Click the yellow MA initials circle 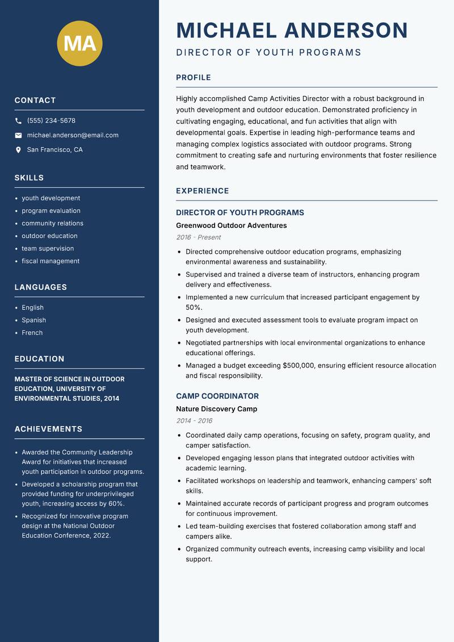click(x=79, y=43)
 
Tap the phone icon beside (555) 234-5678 click(x=18, y=121)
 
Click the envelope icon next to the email click(x=18, y=135)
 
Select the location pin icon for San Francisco click(x=18, y=150)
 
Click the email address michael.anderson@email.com click(x=73, y=135)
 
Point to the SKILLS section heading click(x=29, y=178)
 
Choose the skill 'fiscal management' click(x=51, y=261)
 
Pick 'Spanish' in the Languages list click(x=33, y=320)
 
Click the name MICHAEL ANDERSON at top click(x=292, y=30)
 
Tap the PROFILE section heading click(x=193, y=78)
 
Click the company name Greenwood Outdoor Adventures click(x=231, y=226)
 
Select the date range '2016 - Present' click(x=198, y=237)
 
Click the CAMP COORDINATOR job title click(x=217, y=396)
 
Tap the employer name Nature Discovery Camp click(x=216, y=409)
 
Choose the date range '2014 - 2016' click(x=194, y=421)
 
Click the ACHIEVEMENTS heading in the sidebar click(x=48, y=429)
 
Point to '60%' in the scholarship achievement click(x=116, y=504)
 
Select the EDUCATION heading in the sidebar click(x=39, y=359)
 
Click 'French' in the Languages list click(x=32, y=333)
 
